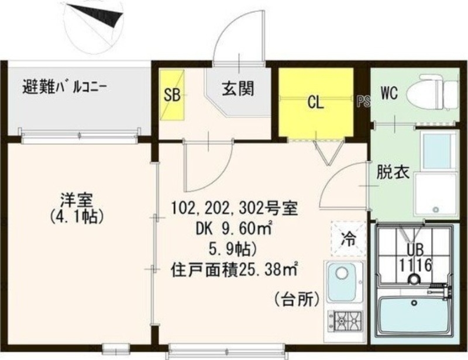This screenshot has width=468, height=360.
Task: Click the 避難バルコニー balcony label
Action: (65, 89)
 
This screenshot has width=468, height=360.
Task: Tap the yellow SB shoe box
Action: (172, 95)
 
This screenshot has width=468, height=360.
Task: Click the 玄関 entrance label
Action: (238, 89)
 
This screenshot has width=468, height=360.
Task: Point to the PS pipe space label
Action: (363, 101)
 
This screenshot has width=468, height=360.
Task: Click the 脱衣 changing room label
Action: (389, 173)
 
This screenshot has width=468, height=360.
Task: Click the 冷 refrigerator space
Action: (348, 238)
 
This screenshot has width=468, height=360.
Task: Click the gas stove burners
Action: (344, 320)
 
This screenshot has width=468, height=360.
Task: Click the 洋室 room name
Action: (77, 200)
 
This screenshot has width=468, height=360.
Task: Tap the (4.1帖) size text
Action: (77, 217)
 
